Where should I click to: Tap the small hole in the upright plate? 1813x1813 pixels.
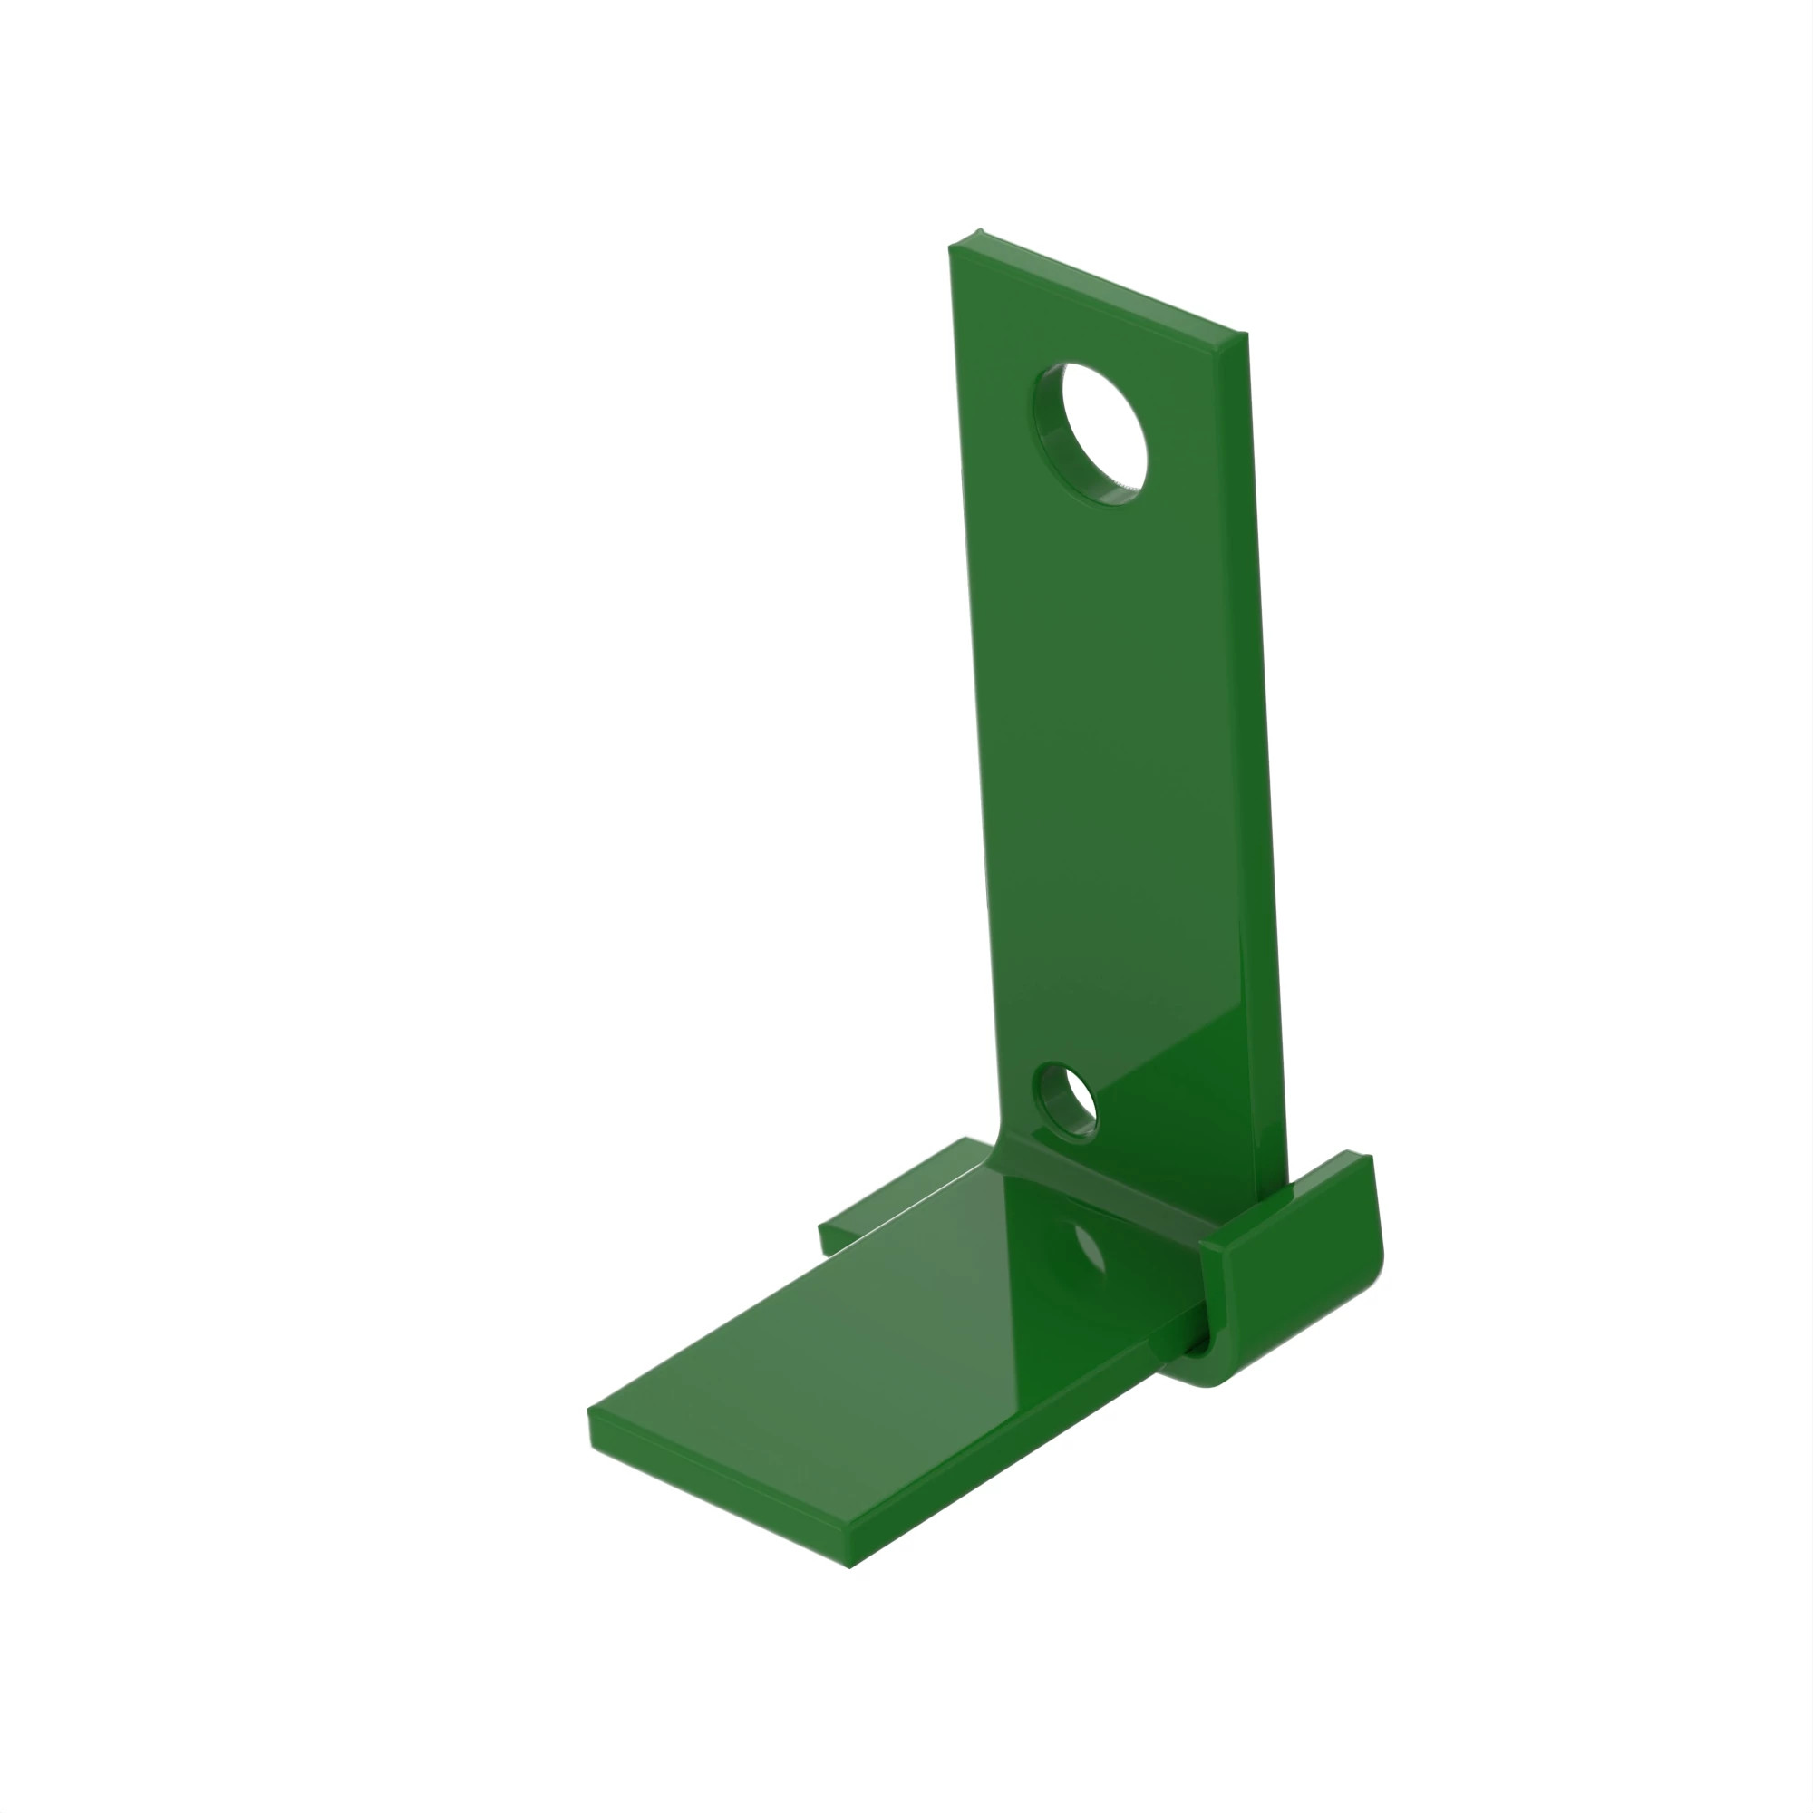pos(1068,1103)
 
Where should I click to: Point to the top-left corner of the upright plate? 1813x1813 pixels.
pos(952,247)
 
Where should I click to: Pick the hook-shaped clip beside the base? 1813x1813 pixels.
pos(1295,1267)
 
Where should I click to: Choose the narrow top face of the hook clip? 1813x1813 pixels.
pos(1285,1197)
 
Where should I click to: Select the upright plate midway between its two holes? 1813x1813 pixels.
pos(1108,770)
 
